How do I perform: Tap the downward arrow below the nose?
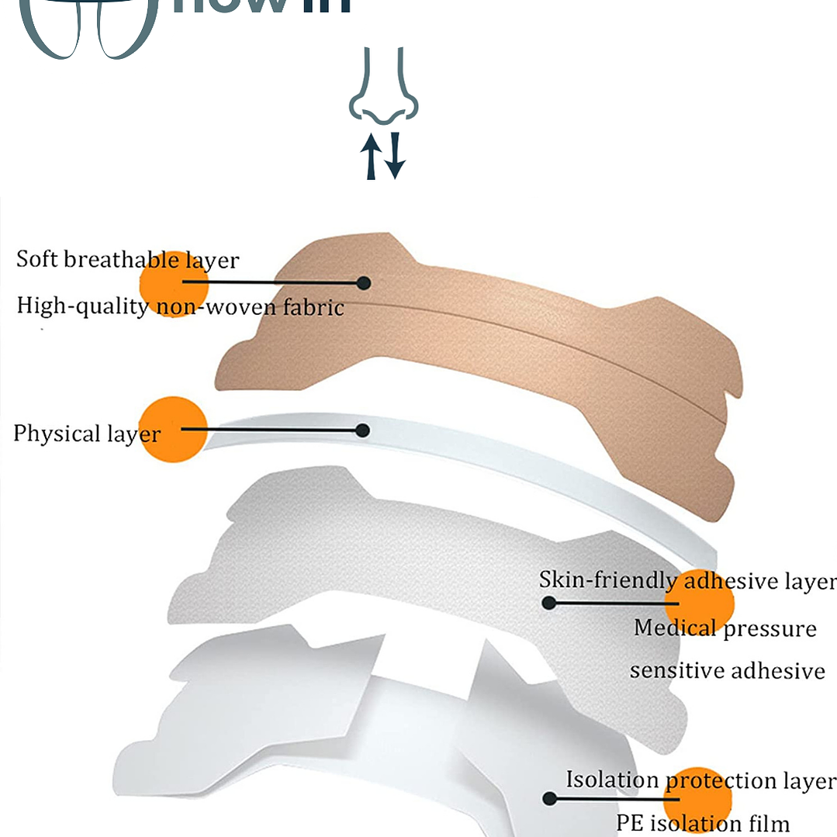(396, 155)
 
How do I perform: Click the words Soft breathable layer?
(127, 259)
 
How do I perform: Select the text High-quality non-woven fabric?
(180, 306)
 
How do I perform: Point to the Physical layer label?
(86, 433)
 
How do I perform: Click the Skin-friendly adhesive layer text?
(687, 580)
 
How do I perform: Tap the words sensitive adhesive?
(727, 669)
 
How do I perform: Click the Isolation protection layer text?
(700, 780)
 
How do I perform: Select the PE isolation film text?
(703, 823)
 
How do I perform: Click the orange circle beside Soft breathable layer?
(175, 284)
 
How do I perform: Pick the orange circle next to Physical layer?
(173, 429)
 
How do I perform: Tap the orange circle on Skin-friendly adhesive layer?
(699, 603)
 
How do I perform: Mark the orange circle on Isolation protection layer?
(698, 801)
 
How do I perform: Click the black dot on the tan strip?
(364, 284)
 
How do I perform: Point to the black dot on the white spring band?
(362, 430)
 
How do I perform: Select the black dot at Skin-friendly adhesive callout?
(548, 603)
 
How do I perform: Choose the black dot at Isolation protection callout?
(549, 798)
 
